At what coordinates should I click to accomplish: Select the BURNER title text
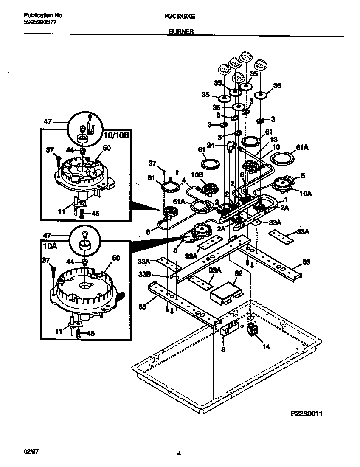pos(182,31)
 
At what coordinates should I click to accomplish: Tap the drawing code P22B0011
pos(309,413)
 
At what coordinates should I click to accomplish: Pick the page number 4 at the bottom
pos(179,454)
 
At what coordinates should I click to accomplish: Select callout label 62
pos(239,274)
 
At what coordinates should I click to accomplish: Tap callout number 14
pos(266,346)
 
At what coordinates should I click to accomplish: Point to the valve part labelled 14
pos(253,330)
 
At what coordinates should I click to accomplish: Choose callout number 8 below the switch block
pos(223,350)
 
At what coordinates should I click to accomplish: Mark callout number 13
pos(273,139)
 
